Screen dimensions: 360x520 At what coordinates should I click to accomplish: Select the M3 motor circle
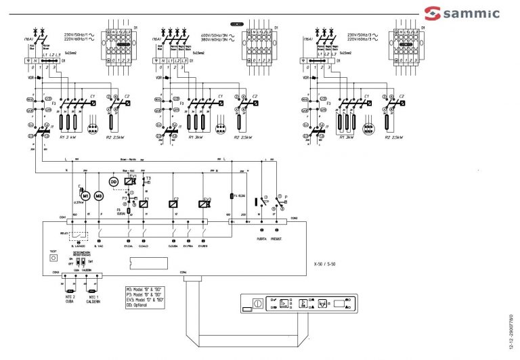98,196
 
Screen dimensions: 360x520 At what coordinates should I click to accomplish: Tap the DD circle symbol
114,182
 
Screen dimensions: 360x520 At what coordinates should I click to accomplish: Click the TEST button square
53,258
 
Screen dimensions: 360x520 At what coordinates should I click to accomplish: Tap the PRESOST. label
276,239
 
